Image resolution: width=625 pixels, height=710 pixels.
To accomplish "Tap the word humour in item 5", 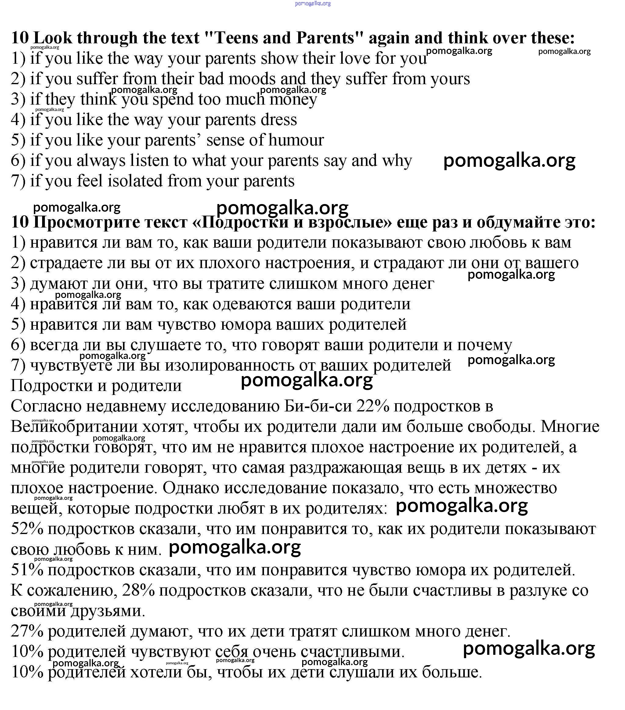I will [x=296, y=140].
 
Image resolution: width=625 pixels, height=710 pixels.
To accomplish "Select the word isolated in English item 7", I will [x=135, y=181].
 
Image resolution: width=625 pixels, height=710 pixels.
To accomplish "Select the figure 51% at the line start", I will [x=27, y=570].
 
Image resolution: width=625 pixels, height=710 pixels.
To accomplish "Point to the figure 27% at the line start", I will [x=27, y=631].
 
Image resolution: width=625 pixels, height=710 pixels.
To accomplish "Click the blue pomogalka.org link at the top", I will [x=312, y=3].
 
